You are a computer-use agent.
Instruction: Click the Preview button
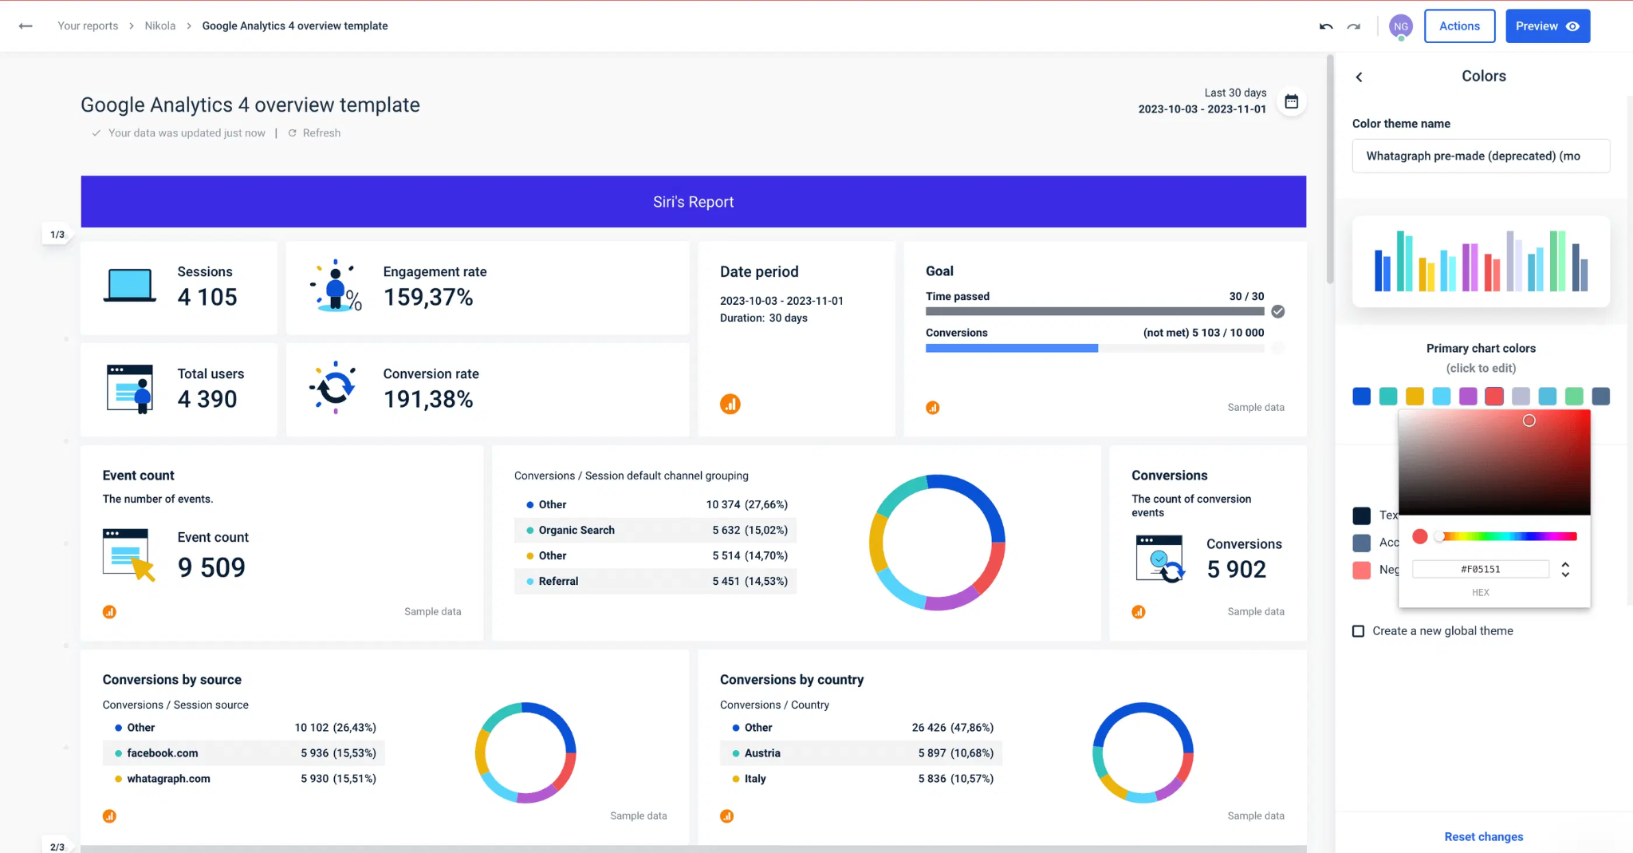(1547, 26)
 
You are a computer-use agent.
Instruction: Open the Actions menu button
(1459, 26)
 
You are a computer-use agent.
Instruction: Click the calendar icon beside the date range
(1292, 101)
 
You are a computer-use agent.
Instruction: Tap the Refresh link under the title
(321, 133)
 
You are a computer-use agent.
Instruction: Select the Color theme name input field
(1480, 156)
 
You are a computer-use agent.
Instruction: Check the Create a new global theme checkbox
(1359, 631)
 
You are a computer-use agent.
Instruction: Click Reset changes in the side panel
(1483, 836)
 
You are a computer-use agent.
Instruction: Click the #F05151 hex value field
(1480, 569)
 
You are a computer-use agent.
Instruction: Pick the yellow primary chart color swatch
(1415, 397)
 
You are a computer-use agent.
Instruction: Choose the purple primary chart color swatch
(1468, 397)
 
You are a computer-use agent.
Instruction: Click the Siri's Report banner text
(693, 202)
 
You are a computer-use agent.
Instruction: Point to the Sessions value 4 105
(207, 297)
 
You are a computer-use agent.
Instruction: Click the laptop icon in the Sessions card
(129, 286)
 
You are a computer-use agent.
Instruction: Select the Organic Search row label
(576, 530)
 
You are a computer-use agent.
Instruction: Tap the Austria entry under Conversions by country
(761, 753)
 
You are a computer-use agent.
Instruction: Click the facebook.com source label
(162, 753)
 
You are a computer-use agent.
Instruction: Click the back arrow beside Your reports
(26, 26)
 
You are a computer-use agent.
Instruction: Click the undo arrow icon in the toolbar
(1326, 26)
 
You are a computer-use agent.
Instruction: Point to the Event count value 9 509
(211, 567)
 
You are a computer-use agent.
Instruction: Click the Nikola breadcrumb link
(159, 26)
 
